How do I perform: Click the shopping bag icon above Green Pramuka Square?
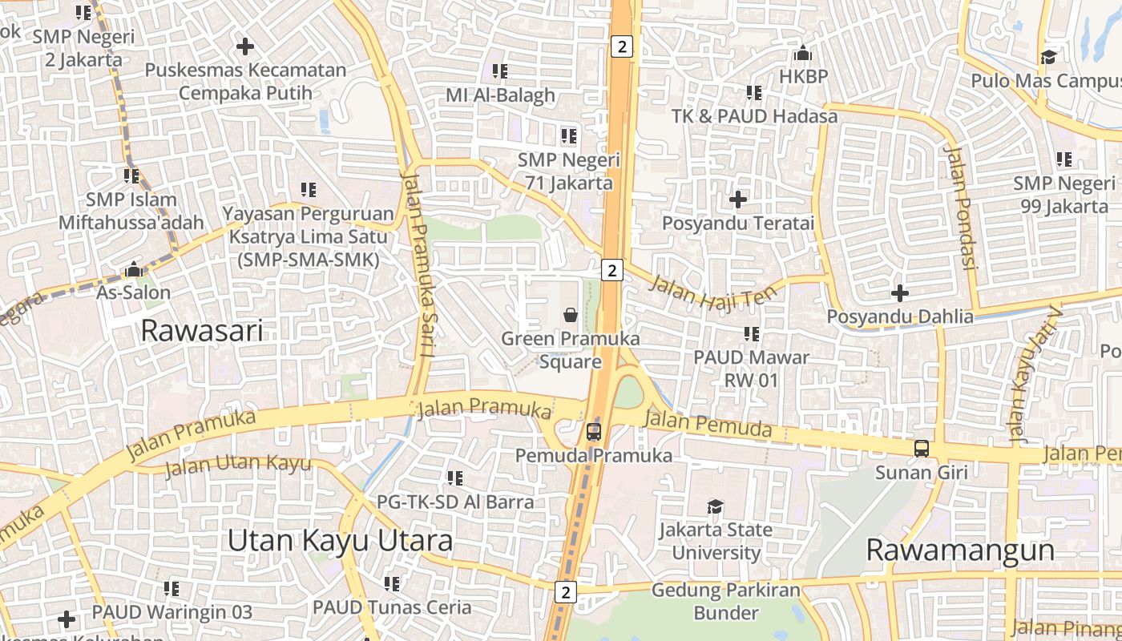coord(571,315)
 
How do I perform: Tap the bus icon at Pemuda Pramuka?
coord(593,432)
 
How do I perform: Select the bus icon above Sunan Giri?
coord(922,449)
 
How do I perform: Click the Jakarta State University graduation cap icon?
coord(715,506)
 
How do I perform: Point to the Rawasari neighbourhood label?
coord(201,330)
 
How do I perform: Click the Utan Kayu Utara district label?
coord(340,540)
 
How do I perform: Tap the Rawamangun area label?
coord(960,550)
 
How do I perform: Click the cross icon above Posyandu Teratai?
coord(737,199)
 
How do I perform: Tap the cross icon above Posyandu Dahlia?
coord(900,293)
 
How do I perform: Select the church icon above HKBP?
coord(802,54)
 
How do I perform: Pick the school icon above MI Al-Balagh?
coord(500,71)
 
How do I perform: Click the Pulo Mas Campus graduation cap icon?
coord(1047,57)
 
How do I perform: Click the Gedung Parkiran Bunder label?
coord(725,602)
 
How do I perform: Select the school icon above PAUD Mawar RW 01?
coord(751,333)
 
